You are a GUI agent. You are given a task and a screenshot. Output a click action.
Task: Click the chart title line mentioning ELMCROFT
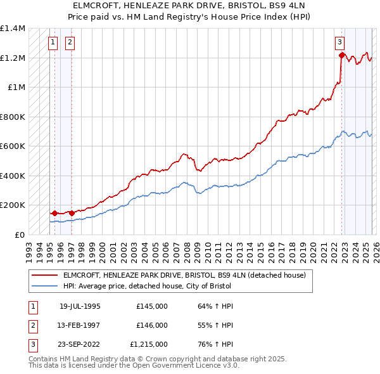(x=190, y=6)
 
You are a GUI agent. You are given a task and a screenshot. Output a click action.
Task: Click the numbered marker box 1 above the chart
(x=53, y=43)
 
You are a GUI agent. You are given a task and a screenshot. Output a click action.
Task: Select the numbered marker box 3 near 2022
(x=340, y=43)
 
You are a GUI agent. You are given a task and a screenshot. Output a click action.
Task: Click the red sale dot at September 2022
(x=341, y=55)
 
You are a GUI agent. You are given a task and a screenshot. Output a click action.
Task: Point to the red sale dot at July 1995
(x=54, y=213)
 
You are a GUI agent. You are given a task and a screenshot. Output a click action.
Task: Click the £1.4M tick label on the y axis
(x=12, y=29)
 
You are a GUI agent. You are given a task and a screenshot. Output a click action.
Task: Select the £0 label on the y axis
(x=19, y=235)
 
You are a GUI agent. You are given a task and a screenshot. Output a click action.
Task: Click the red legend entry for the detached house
(x=184, y=275)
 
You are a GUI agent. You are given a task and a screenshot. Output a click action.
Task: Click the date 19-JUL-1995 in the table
(x=80, y=306)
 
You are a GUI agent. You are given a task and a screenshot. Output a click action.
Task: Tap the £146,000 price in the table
(x=152, y=325)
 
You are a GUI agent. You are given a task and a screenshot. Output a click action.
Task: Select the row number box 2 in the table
(x=32, y=325)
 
